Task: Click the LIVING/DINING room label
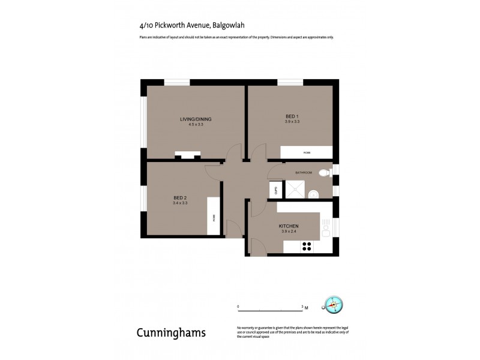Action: (x=196, y=119)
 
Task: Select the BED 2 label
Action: (x=180, y=198)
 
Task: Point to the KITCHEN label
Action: (x=288, y=226)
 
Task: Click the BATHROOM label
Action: (x=303, y=173)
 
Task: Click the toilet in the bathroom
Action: (x=324, y=173)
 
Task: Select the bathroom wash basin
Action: (x=313, y=194)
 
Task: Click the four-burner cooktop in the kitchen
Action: (x=307, y=245)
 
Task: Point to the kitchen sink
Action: (x=326, y=228)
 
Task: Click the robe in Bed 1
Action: (x=306, y=153)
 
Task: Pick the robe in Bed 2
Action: (x=213, y=218)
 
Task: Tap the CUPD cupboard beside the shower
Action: (x=275, y=191)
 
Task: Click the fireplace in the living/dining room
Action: (x=188, y=155)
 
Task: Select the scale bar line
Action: (x=271, y=310)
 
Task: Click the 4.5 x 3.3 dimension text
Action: (x=196, y=124)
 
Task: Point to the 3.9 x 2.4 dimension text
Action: (x=288, y=232)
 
